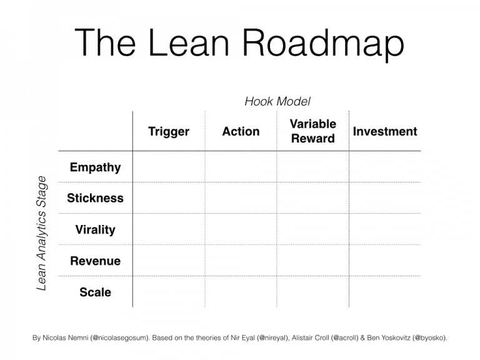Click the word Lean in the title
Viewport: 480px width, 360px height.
point(191,42)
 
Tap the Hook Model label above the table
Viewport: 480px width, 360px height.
point(277,101)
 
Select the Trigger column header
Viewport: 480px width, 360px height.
point(169,131)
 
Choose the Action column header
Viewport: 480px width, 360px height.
point(241,131)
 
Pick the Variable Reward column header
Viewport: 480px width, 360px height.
point(313,131)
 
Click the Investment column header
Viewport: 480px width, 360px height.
point(385,131)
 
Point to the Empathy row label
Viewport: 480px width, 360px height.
point(95,167)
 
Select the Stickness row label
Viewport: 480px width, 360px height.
point(95,198)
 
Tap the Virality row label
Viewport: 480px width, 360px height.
point(95,229)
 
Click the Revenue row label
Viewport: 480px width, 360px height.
point(95,261)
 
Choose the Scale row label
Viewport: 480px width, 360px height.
point(95,292)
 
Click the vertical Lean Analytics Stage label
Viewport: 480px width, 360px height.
point(42,232)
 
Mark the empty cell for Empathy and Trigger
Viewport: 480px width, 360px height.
point(169,167)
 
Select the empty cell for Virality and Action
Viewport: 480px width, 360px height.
point(241,229)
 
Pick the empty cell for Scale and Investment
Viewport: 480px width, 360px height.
point(385,292)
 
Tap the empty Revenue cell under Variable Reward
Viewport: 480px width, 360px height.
point(313,261)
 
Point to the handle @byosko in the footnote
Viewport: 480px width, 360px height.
point(427,338)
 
